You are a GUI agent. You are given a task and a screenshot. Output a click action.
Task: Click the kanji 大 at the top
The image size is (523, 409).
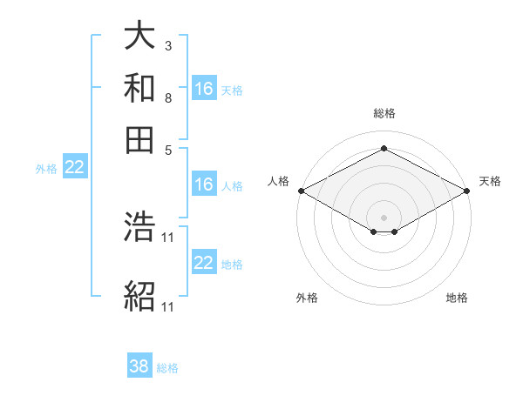139,36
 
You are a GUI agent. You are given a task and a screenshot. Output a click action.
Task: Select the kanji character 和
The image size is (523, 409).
139,87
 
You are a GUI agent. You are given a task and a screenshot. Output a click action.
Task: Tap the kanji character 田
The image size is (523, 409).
139,138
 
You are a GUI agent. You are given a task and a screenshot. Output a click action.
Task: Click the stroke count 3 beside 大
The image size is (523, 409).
167,45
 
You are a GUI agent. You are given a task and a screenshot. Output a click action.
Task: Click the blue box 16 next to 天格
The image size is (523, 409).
204,89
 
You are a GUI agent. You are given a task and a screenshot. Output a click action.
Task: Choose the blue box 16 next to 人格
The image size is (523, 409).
204,184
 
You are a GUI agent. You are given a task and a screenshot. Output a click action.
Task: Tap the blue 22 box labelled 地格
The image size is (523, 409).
204,263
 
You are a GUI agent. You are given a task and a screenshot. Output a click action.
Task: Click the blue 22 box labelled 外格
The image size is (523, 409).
74,168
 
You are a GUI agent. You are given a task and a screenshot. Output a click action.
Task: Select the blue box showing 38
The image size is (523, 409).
139,366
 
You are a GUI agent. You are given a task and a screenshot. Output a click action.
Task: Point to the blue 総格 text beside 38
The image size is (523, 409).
167,368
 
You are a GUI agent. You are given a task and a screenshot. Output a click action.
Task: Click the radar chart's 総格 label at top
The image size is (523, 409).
384,113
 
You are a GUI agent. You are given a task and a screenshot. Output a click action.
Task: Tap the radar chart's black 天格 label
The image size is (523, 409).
490,181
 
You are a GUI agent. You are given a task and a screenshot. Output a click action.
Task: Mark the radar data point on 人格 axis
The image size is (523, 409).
301,190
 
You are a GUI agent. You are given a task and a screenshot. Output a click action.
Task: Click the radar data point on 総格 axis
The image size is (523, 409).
384,148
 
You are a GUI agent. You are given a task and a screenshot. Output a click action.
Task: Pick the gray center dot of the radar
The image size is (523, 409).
384,217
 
